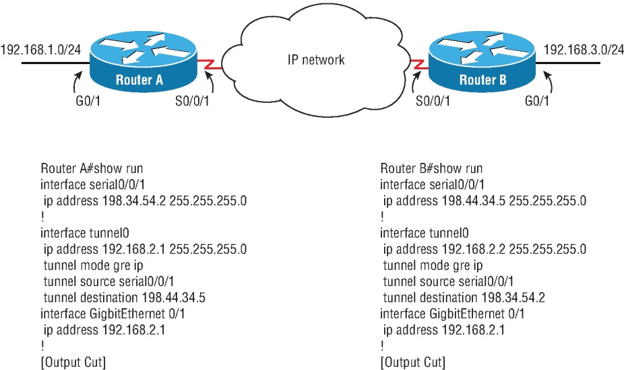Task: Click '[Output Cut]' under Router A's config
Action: coord(73,363)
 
